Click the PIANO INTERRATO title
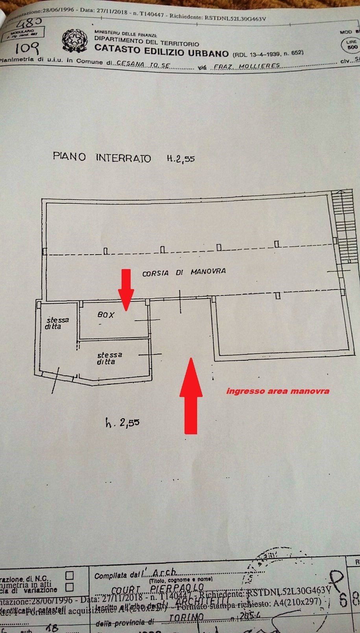(102, 157)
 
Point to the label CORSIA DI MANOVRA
(184, 272)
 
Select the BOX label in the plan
(106, 315)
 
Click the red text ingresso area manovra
(278, 391)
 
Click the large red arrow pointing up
(191, 395)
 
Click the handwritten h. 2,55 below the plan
(122, 423)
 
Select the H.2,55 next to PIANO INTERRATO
(181, 159)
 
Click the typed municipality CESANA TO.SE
(143, 65)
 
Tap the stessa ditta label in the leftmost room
(57, 323)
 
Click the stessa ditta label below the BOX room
(109, 358)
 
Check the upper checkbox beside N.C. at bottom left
(69, 576)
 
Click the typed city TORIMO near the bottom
(186, 617)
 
